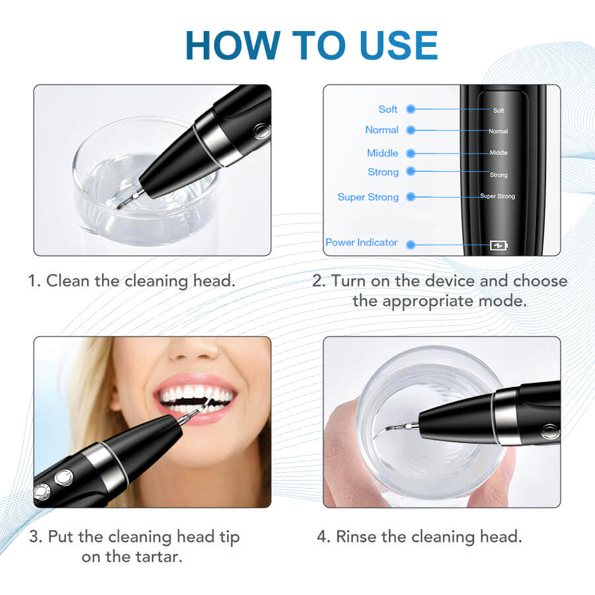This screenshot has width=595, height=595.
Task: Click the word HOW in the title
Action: click(x=233, y=46)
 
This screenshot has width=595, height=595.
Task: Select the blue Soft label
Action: click(x=388, y=109)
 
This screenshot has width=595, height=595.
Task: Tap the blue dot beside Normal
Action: click(x=410, y=130)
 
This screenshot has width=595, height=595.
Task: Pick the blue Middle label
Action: click(x=383, y=153)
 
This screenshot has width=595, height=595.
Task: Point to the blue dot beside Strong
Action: click(x=410, y=171)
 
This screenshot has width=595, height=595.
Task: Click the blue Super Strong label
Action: click(x=368, y=197)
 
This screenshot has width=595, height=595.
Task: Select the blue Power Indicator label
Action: click(x=361, y=243)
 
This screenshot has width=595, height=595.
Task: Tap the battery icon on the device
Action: click(x=498, y=245)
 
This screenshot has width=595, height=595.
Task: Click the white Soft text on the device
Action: click(x=498, y=110)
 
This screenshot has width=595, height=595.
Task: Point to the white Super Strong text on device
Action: click(x=497, y=196)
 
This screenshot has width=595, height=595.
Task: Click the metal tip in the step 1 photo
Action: click(x=130, y=198)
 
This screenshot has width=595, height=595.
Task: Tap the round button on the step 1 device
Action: click(x=261, y=132)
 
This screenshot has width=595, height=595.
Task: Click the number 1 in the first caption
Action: click(x=32, y=281)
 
